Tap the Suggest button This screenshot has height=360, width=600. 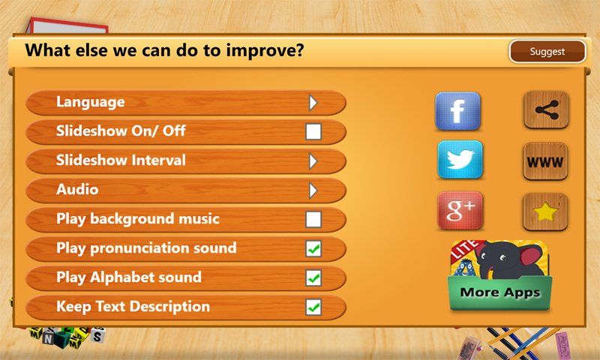click(547, 52)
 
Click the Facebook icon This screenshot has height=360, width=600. click(458, 111)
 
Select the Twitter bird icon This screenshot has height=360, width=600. click(459, 160)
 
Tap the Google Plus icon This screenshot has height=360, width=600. click(459, 211)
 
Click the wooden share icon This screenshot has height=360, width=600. click(545, 110)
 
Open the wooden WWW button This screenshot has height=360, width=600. click(545, 161)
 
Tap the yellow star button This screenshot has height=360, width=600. click(545, 212)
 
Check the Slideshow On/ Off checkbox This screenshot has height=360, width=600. click(313, 133)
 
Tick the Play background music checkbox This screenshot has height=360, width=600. click(313, 220)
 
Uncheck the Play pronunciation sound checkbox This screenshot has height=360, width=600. click(313, 249)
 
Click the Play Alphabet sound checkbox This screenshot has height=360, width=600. click(313, 278)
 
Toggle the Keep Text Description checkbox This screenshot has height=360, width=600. click(313, 307)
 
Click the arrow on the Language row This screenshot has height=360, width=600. click(313, 103)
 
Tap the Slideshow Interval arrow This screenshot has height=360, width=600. click(313, 161)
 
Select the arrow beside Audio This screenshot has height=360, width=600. click(313, 190)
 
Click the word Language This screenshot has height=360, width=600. click(90, 102)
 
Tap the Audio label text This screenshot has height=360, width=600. click(77, 190)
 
